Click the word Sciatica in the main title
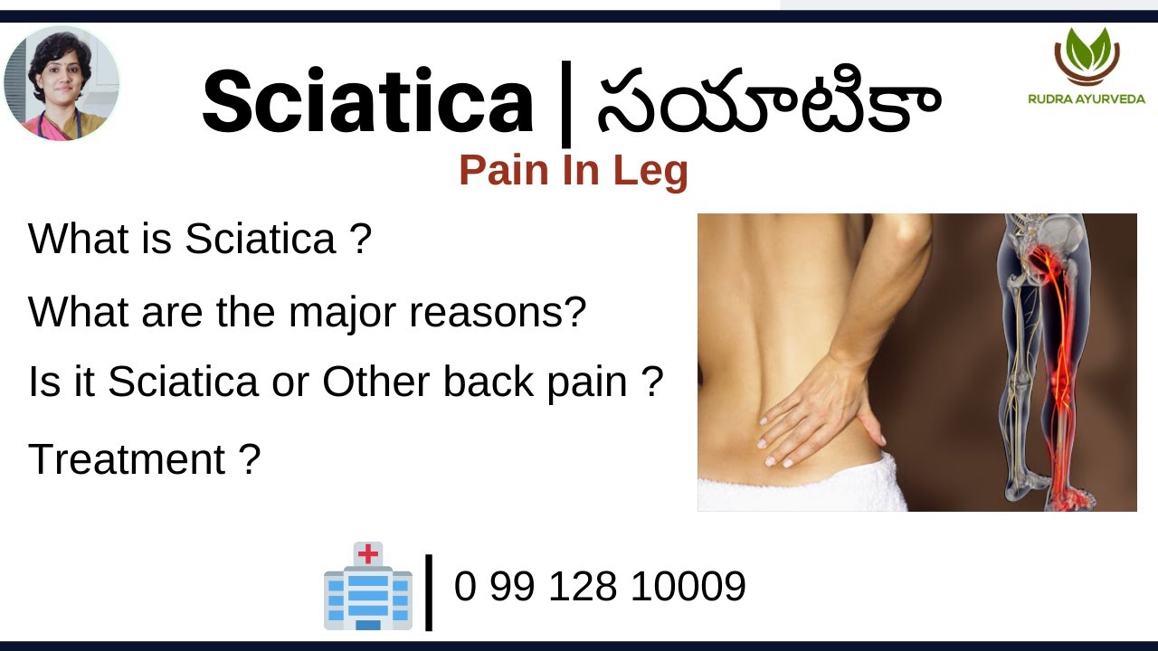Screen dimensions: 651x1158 pyautogui.click(x=367, y=102)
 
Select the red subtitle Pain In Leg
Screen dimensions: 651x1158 pyautogui.click(x=573, y=170)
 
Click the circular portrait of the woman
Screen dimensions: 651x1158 pyautogui.click(x=62, y=83)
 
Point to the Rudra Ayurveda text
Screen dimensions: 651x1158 pyautogui.click(x=1087, y=99)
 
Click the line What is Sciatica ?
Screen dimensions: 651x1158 pyautogui.click(x=200, y=240)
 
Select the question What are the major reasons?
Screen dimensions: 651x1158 pyautogui.click(x=308, y=312)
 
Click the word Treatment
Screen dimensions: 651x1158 pyautogui.click(x=127, y=459)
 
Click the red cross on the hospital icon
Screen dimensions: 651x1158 pyautogui.click(x=368, y=553)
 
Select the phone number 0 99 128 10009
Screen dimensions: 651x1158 pyautogui.click(x=600, y=586)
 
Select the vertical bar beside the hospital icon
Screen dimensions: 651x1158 pyautogui.click(x=429, y=591)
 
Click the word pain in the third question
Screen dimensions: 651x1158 pyautogui.click(x=587, y=382)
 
